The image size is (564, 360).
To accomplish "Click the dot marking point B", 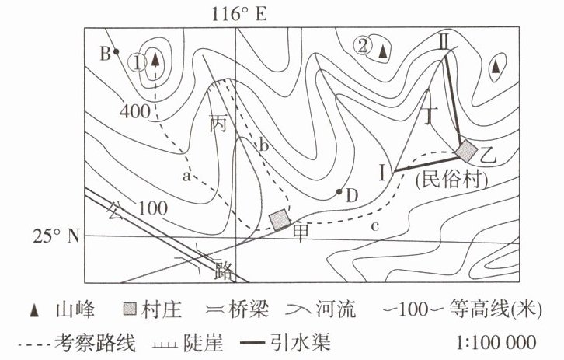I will coord(116,52).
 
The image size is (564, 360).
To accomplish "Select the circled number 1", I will coord(138,61).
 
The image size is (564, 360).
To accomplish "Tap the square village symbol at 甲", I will coord(279,219).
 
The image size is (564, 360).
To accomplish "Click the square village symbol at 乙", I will coord(466,149).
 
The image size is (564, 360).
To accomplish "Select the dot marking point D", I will coord(339,191).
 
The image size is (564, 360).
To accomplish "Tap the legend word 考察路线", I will coord(83,341).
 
